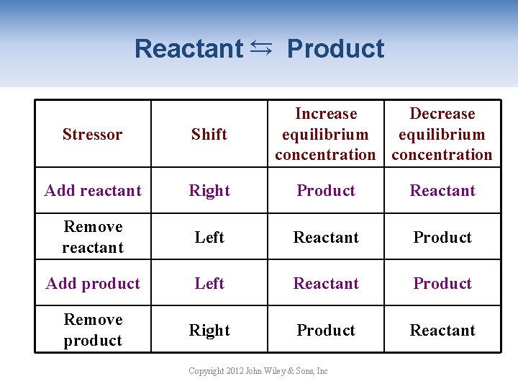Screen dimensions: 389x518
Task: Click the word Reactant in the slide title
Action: pyautogui.click(x=188, y=49)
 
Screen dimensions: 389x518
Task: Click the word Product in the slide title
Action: pyautogui.click(x=335, y=49)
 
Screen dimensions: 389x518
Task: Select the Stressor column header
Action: pyautogui.click(x=93, y=134)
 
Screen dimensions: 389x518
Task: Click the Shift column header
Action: pyautogui.click(x=209, y=134)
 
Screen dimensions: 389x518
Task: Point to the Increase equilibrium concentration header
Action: pyautogui.click(x=325, y=134)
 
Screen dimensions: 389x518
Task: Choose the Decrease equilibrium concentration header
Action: pyautogui.click(x=442, y=134)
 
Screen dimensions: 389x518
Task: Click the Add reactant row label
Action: pyautogui.click(x=93, y=190)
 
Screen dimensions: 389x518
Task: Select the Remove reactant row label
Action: pyautogui.click(x=93, y=237)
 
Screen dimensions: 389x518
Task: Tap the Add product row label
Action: pyautogui.click(x=93, y=283)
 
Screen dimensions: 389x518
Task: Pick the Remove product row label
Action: pyautogui.click(x=93, y=330)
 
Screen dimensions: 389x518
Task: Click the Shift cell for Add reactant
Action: pyautogui.click(x=209, y=190)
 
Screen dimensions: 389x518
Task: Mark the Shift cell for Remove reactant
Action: pyautogui.click(x=209, y=237)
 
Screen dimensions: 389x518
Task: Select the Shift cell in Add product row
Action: pyautogui.click(x=209, y=283)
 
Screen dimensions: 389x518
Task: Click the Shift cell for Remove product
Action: pyautogui.click(x=209, y=330)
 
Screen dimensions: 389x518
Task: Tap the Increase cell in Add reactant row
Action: pyautogui.click(x=326, y=190)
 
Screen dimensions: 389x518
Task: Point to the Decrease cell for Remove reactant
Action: pyautogui.click(x=442, y=237)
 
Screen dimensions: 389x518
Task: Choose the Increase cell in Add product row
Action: pyautogui.click(x=326, y=283)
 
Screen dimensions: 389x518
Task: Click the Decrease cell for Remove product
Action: pyautogui.click(x=442, y=330)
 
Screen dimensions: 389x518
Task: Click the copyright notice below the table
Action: pyautogui.click(x=258, y=371)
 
